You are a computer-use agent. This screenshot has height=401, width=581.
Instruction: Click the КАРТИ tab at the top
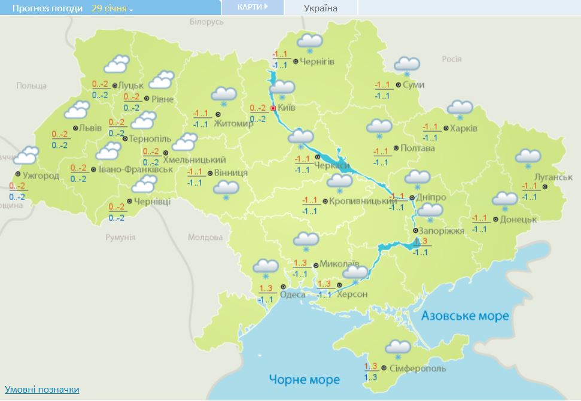tap(252, 7)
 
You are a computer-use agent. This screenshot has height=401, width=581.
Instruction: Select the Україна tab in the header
tap(320, 8)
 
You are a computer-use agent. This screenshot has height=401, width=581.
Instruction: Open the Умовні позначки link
tap(42, 390)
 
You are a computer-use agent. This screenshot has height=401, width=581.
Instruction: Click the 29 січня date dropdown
tap(112, 8)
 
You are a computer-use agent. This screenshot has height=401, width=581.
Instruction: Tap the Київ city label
tap(287, 109)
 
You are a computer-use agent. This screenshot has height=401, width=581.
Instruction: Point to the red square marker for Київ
tap(273, 108)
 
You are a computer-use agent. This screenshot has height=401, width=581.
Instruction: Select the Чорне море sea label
tap(304, 379)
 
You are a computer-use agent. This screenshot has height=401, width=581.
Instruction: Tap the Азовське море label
tap(464, 315)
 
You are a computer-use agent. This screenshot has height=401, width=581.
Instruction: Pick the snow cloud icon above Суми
tap(407, 65)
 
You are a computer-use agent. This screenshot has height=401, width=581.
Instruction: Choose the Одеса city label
tap(293, 294)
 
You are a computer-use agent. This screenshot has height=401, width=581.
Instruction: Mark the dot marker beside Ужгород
tap(16, 175)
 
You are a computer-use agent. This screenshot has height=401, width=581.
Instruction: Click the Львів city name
tap(90, 128)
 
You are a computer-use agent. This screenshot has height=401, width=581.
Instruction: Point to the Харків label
tap(464, 129)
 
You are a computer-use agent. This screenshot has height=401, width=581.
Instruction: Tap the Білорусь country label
tap(206, 22)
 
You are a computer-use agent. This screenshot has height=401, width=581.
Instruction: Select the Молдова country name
tap(205, 238)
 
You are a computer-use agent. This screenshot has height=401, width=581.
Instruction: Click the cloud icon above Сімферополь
tap(398, 347)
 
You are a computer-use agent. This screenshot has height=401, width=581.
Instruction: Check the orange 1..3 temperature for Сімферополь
tap(370, 366)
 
